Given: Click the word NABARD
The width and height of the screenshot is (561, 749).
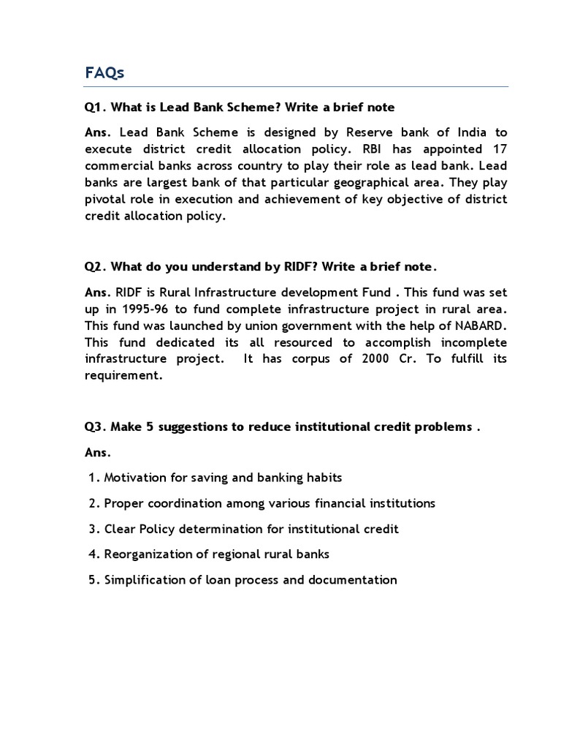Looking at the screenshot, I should tap(478, 325).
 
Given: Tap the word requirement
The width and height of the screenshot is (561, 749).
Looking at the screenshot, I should tap(122, 376).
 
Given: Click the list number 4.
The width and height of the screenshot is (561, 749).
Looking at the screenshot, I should tap(93, 554).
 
